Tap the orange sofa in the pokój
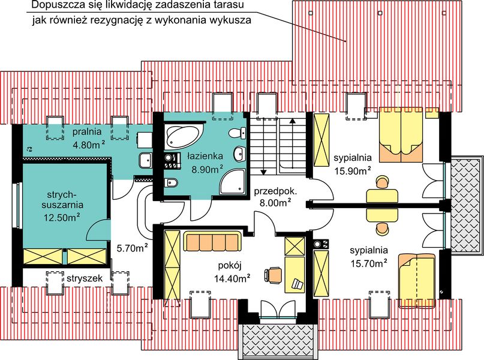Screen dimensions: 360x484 click(211, 243)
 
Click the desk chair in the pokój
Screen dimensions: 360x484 click(275, 274)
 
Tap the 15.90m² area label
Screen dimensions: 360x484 click(351, 170)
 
